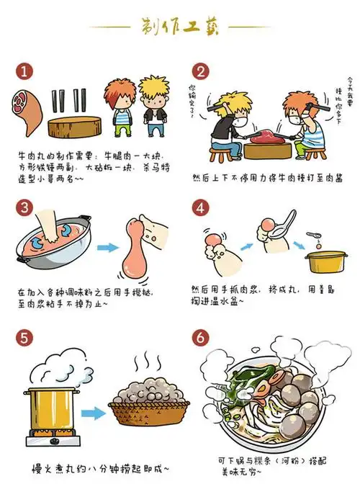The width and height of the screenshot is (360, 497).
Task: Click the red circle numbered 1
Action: [26, 72]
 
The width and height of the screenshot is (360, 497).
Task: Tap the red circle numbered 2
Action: [201, 72]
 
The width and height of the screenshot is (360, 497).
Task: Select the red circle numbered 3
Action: [26, 208]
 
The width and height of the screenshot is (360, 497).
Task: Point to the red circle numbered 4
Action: [201, 207]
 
